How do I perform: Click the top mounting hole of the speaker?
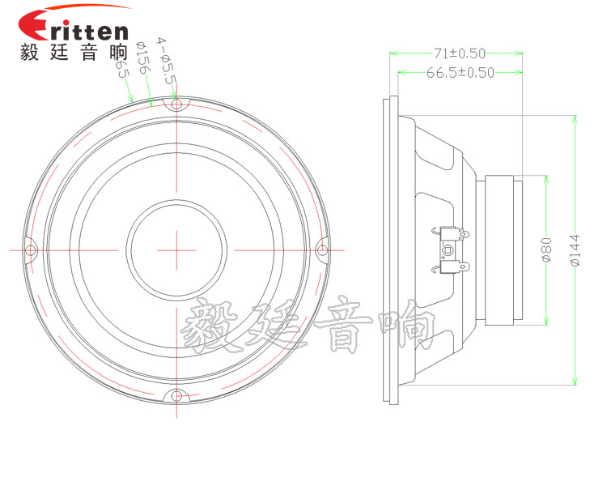click(176, 104)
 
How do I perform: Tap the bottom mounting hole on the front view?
click(175, 396)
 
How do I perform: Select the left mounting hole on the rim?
click(30, 249)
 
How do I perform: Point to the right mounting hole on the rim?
click(321, 249)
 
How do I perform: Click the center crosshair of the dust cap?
click(176, 249)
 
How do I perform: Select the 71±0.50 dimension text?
click(459, 53)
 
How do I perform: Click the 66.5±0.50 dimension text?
click(460, 73)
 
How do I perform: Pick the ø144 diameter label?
click(575, 250)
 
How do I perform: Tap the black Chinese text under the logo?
click(73, 53)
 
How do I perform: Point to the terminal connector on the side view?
click(449, 249)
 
